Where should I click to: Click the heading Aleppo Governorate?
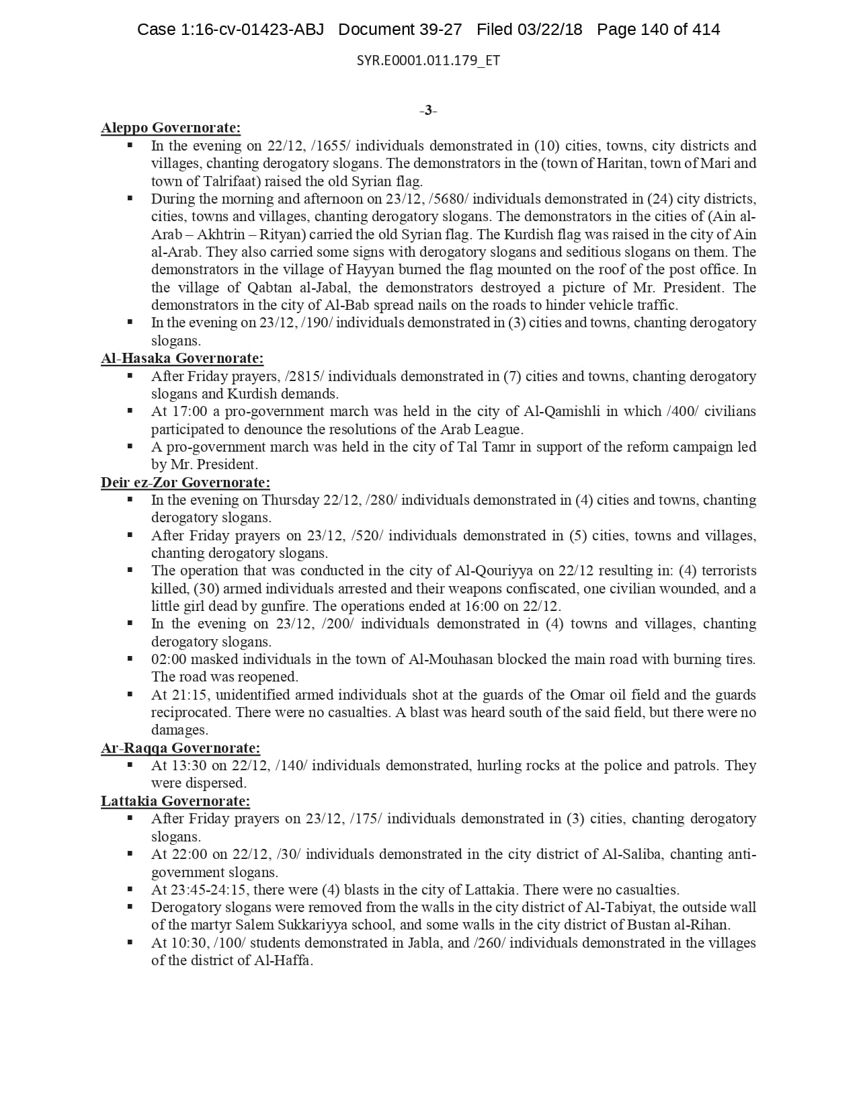[171, 128]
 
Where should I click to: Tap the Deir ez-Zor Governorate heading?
[186, 482]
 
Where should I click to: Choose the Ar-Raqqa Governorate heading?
[180, 748]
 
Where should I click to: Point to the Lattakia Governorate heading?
[175, 801]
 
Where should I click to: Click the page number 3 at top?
[428, 111]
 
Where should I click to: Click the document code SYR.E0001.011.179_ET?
[428, 60]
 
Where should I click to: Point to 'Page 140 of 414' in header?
[658, 30]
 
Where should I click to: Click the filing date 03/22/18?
[549, 30]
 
